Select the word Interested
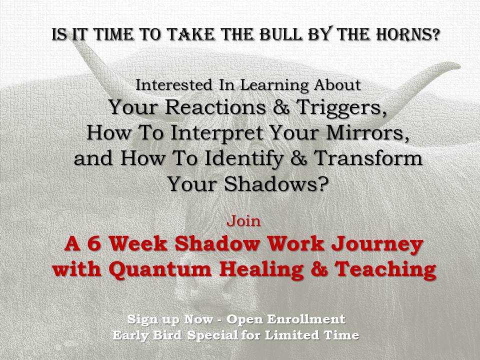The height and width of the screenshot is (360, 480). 174,85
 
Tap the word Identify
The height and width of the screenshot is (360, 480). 243,159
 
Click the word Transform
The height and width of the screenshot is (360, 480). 368,158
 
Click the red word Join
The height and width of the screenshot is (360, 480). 243,220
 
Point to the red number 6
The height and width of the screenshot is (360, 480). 94,243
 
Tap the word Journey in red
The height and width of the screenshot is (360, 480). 377,245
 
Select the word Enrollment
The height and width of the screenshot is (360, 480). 306,319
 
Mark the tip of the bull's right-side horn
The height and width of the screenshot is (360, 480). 459,65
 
